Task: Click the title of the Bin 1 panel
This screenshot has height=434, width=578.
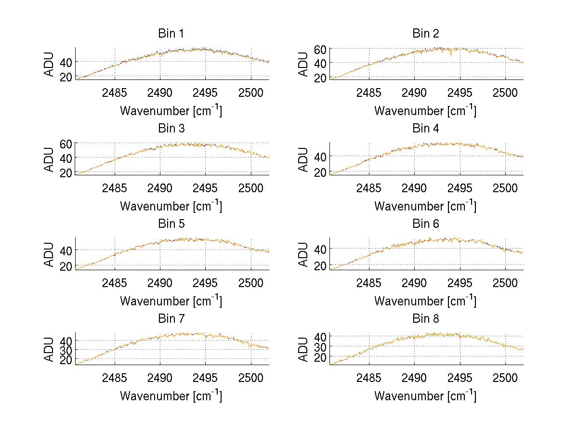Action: [171, 34]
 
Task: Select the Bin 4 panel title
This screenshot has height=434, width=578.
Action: [426, 129]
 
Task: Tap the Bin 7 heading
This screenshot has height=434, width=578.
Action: [171, 319]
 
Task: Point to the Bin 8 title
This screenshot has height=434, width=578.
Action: [426, 319]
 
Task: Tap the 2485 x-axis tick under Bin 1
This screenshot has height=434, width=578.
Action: [115, 92]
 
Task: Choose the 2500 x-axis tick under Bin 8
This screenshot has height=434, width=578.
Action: [505, 378]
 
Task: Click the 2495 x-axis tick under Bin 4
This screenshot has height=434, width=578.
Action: [460, 187]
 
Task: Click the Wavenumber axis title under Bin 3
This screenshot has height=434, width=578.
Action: [171, 206]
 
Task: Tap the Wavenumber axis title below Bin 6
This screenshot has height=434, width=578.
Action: [425, 301]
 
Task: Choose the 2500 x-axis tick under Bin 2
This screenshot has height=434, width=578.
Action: [505, 92]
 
